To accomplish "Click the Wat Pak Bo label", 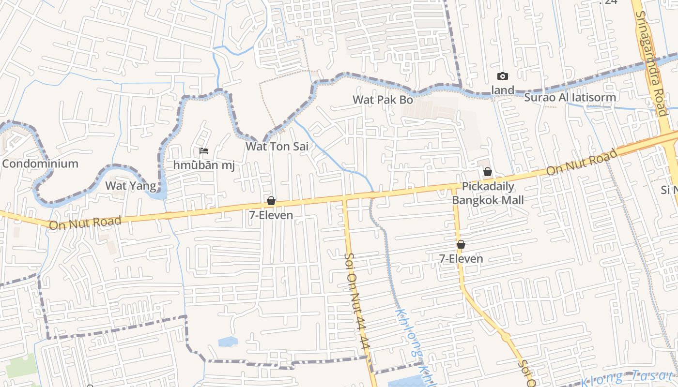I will click(383, 100).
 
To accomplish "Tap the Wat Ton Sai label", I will click(277, 146).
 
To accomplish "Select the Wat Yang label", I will click(131, 186).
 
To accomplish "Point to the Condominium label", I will click(40, 164).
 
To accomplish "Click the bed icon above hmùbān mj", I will click(204, 151).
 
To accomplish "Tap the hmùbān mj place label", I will click(204, 165).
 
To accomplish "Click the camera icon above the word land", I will click(503, 76).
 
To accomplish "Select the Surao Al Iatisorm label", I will click(570, 98).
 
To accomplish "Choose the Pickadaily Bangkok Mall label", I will click(488, 193).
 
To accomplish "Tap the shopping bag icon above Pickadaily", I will click(488, 172).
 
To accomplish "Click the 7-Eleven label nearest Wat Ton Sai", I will click(271, 215).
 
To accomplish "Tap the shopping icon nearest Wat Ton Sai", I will click(271, 201).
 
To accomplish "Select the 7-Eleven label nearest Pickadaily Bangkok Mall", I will click(461, 259).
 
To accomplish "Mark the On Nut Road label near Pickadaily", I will click(582, 163).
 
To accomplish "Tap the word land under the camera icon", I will click(503, 90).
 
